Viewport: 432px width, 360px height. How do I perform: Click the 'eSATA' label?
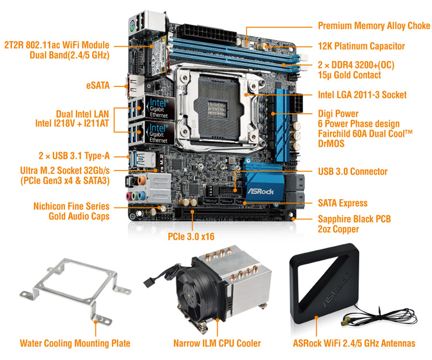98,85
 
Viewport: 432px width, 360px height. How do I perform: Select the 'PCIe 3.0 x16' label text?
191,236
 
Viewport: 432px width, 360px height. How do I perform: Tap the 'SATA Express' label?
343,203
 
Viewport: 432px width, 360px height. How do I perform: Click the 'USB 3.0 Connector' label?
353,172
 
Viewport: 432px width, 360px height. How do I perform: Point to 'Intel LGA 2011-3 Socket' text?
362,94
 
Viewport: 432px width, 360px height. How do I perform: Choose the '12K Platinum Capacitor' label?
361,46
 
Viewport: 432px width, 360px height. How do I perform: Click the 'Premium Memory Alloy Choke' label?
374,25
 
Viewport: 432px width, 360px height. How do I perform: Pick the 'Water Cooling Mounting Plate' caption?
75,343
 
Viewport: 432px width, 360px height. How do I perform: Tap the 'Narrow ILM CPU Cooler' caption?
217,343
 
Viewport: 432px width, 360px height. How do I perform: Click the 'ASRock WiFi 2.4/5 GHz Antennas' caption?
354,343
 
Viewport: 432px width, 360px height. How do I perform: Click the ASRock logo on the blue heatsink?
260,191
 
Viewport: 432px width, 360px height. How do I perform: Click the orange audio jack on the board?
142,181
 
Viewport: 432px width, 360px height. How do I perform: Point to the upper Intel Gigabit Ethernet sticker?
160,108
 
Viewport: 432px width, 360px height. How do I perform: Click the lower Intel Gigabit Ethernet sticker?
160,132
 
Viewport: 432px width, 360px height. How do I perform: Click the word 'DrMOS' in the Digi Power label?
331,143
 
